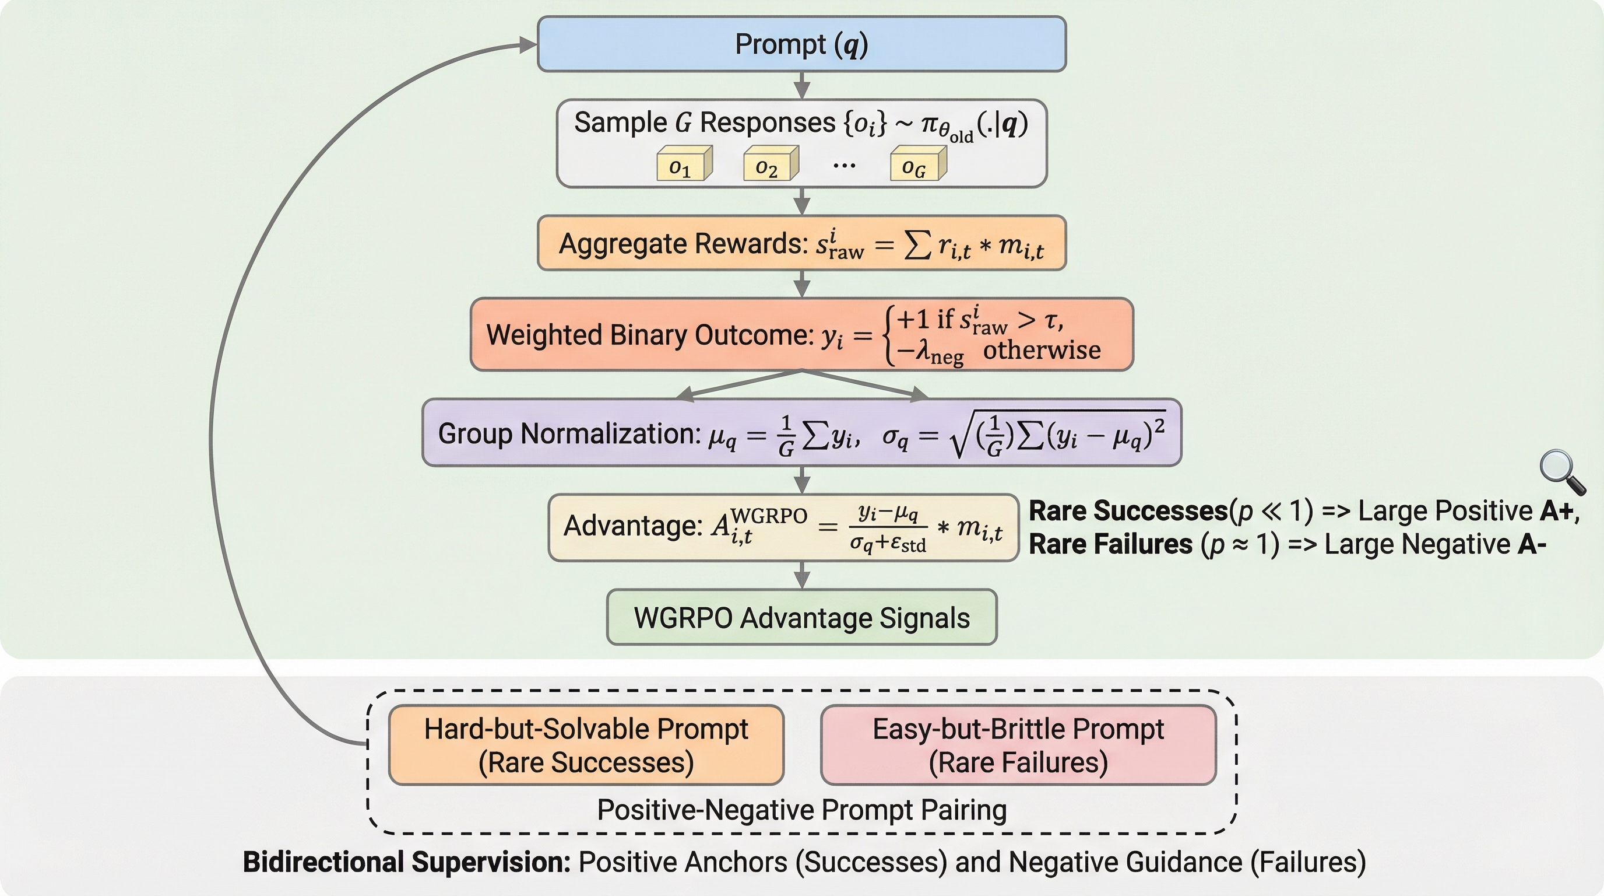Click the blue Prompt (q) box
(x=801, y=44)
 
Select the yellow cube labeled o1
(x=684, y=164)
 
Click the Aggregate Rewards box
(x=801, y=244)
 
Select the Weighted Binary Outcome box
(x=801, y=335)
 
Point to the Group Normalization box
(x=801, y=433)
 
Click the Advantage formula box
(x=783, y=528)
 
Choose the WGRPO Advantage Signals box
(x=801, y=618)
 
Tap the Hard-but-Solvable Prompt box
(x=586, y=745)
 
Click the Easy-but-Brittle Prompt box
(x=1018, y=745)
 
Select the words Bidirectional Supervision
(x=406, y=862)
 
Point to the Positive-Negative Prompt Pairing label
(x=801, y=810)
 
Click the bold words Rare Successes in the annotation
(x=1128, y=511)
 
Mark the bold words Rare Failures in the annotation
(x=1110, y=544)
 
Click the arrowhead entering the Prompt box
(x=527, y=44)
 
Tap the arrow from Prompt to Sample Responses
(x=802, y=85)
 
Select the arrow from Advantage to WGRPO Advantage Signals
(x=802, y=575)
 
